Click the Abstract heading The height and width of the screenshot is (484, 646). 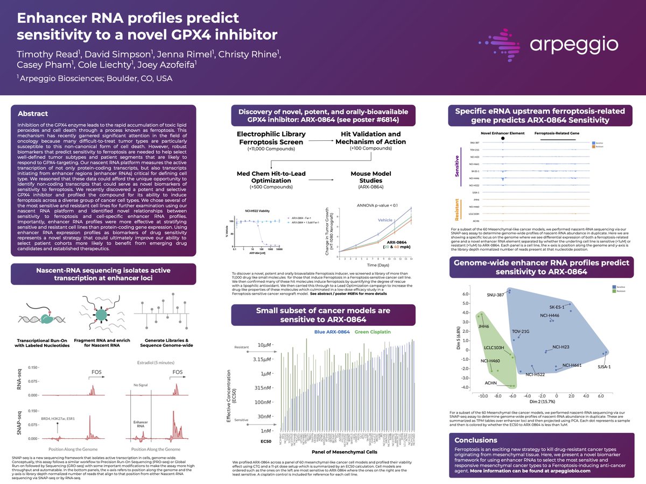coord(33,113)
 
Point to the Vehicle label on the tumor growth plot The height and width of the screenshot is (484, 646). coord(386,220)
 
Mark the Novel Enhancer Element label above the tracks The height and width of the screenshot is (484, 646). coord(502,132)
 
